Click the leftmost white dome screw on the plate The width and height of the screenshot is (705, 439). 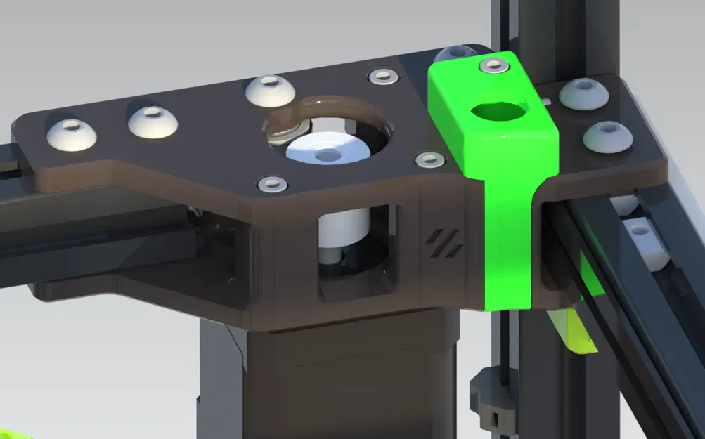click(71, 133)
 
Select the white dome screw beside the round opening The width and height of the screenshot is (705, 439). click(269, 90)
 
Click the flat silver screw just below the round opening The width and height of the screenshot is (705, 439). click(272, 185)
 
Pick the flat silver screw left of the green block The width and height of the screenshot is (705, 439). click(429, 160)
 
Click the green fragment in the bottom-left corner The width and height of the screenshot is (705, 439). click(14, 433)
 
